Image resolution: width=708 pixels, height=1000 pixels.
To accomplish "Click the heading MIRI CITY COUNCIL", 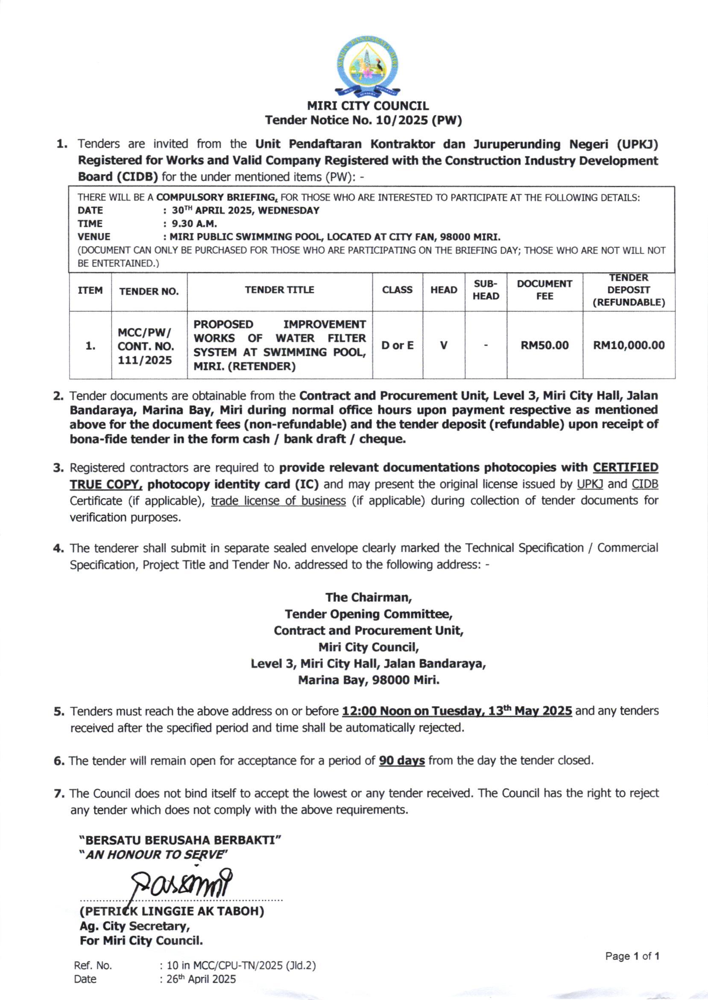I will [368, 106].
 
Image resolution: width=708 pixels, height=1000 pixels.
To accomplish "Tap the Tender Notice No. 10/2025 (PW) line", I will [363, 120].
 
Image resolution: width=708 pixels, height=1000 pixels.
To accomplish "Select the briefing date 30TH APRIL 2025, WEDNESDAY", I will [246, 210].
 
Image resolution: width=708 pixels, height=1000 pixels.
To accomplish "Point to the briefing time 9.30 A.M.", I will [194, 224].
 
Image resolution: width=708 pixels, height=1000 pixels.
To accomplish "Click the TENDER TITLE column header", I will [279, 290].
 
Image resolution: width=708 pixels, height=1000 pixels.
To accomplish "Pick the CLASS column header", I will [397, 290].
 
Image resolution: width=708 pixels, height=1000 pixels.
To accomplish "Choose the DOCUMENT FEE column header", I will [544, 290].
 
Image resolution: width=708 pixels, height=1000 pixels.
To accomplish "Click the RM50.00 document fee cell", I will [544, 346].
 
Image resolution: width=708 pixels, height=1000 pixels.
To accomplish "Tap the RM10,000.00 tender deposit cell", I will [629, 346].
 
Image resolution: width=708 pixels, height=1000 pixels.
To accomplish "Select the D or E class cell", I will [397, 346].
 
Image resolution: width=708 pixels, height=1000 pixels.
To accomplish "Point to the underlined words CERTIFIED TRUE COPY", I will [625, 467].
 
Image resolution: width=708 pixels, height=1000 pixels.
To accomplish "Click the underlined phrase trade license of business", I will [278, 501].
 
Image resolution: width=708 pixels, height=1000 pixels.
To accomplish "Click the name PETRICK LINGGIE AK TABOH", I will [172, 911].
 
